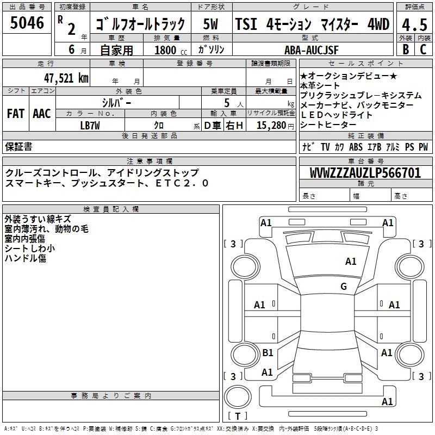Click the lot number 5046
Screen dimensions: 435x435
pyautogui.click(x=27, y=23)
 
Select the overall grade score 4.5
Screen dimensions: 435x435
pyautogui.click(x=414, y=24)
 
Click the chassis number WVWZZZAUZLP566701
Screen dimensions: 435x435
pyautogui.click(x=365, y=173)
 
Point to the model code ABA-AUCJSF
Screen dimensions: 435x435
pyautogui.click(x=312, y=50)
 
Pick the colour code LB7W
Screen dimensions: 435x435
pyautogui.click(x=90, y=126)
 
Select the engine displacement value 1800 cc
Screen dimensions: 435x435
pyautogui.click(x=169, y=50)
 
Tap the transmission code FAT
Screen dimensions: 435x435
pyautogui.click(x=15, y=114)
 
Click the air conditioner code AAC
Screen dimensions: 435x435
pyautogui.click(x=42, y=114)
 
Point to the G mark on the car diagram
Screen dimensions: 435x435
pyautogui.click(x=344, y=287)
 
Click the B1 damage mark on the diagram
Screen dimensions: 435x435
pyautogui.click(x=268, y=353)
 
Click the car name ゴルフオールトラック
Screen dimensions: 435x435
pyautogui.click(x=140, y=24)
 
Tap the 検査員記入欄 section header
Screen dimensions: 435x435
pyautogui.click(x=111, y=209)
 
